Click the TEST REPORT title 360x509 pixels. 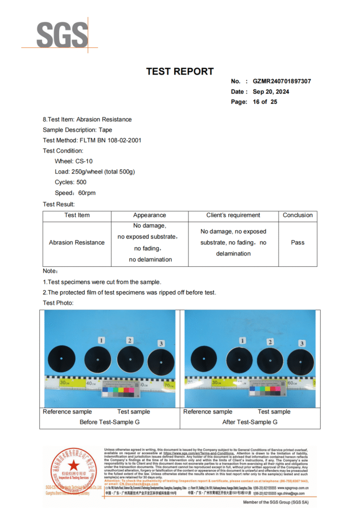click(180, 72)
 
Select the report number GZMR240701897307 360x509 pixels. click(282, 81)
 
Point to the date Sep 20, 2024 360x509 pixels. click(270, 91)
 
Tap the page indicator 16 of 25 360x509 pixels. click(265, 102)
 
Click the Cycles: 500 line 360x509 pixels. click(71, 182)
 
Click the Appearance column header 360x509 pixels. click(149, 215)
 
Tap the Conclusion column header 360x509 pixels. click(297, 215)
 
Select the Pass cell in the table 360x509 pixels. click(297, 243)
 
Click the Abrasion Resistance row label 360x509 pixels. click(77, 243)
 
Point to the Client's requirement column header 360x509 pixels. click(233, 215)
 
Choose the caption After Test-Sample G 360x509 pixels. click(250, 422)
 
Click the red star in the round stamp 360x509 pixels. click(74, 466)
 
